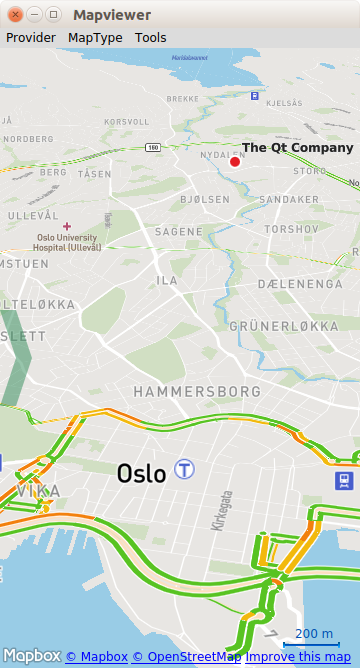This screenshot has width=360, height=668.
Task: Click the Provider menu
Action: pyautogui.click(x=30, y=38)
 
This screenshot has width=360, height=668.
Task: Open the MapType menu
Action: pyautogui.click(x=95, y=38)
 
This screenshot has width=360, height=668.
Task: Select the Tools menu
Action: pyautogui.click(x=151, y=38)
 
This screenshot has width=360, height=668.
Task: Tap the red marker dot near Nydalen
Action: pyautogui.click(x=235, y=161)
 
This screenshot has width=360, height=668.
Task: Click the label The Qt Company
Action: pyautogui.click(x=298, y=148)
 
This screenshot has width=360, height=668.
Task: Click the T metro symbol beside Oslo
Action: pyautogui.click(x=184, y=469)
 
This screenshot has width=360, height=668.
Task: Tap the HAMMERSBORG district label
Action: pyautogui.click(x=197, y=391)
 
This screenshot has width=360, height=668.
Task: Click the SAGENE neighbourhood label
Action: pyautogui.click(x=178, y=232)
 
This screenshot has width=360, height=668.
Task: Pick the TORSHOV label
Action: pyautogui.click(x=291, y=230)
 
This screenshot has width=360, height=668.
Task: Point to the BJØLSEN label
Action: pyautogui.click(x=204, y=200)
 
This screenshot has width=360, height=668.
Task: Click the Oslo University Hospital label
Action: pyautogui.click(x=67, y=243)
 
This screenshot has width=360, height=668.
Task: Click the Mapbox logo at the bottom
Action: pyautogui.click(x=31, y=657)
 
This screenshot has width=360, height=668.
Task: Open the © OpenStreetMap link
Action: pyautogui.click(x=186, y=657)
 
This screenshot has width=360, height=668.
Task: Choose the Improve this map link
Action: pyautogui.click(x=298, y=657)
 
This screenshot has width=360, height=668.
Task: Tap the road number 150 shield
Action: pyautogui.click(x=152, y=147)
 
